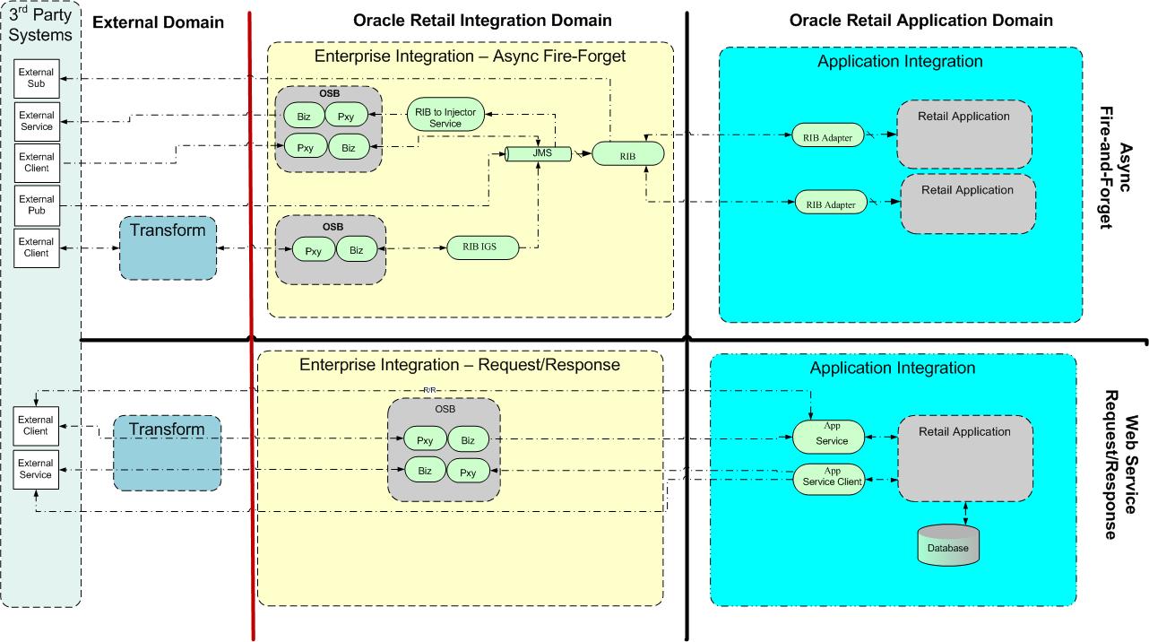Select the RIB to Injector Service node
click(445, 117)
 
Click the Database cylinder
click(948, 546)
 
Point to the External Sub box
click(37, 78)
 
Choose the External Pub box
click(37, 205)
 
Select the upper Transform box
click(168, 247)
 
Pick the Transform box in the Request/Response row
click(167, 452)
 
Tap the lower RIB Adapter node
click(832, 204)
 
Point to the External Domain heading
click(158, 22)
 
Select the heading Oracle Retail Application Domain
click(920, 20)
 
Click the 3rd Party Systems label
click(39, 24)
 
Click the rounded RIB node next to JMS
click(627, 154)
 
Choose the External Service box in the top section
click(37, 120)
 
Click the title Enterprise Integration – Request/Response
click(460, 365)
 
